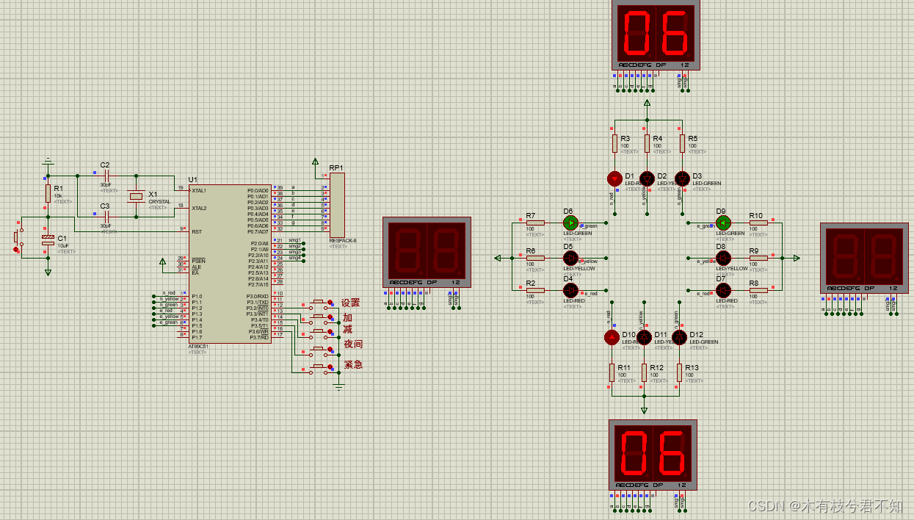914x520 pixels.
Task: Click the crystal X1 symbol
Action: point(136,196)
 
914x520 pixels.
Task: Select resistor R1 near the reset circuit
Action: point(48,192)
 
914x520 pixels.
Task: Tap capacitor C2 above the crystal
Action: point(106,176)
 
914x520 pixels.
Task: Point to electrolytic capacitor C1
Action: point(48,240)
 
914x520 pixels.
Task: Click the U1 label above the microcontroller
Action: point(192,179)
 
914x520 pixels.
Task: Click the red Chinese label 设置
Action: point(351,303)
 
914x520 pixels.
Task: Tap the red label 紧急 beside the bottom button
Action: point(353,364)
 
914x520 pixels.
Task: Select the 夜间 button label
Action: point(353,344)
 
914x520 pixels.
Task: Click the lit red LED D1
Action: point(614,178)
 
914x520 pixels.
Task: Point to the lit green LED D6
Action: point(570,222)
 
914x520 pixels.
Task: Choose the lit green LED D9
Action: point(723,223)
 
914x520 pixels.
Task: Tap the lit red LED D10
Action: point(611,337)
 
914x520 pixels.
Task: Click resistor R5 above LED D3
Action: point(682,142)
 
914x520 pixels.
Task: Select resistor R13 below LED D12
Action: point(679,372)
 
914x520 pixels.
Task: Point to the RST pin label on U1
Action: point(197,231)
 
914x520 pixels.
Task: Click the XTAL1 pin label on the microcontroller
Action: point(199,190)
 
